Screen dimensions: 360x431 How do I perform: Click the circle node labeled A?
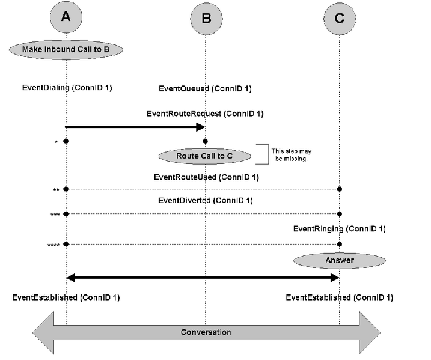(x=66, y=19)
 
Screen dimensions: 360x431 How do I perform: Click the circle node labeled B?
(x=206, y=19)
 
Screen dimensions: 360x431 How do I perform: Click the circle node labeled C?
(x=340, y=19)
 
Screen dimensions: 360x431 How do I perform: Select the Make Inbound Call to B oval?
(x=66, y=49)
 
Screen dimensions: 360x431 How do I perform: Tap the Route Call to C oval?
(x=204, y=156)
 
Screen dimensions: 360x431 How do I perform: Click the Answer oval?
(x=340, y=260)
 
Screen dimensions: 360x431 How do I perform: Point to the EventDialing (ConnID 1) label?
(x=67, y=88)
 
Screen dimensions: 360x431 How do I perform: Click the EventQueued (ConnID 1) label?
(x=205, y=88)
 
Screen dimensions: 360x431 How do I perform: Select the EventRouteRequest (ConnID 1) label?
(x=205, y=113)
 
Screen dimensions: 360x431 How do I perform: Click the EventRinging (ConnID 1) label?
(x=339, y=228)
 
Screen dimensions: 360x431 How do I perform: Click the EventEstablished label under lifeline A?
(x=62, y=297)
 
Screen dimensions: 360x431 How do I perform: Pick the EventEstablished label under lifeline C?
(x=339, y=297)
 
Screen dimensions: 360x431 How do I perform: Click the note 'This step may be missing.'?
(x=290, y=154)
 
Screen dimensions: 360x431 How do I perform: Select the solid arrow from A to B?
(x=135, y=127)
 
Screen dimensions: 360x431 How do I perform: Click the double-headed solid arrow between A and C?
(x=203, y=278)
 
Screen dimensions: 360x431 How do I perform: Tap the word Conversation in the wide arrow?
(x=206, y=332)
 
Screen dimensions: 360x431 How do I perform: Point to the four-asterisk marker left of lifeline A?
(x=53, y=245)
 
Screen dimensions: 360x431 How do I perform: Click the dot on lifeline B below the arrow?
(x=206, y=141)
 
